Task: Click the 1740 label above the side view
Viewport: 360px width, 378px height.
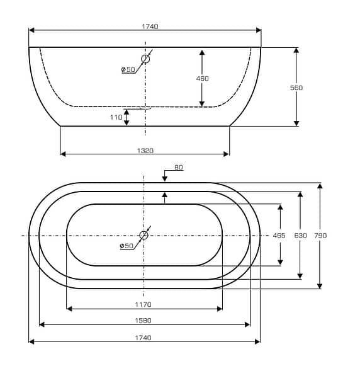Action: click(x=150, y=26)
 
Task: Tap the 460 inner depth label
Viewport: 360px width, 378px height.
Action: click(x=202, y=78)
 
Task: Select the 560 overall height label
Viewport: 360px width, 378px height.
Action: click(x=296, y=88)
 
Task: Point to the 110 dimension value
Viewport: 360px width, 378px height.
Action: click(x=116, y=117)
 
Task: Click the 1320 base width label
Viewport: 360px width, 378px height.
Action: click(x=145, y=151)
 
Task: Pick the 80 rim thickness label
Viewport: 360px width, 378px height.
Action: click(x=179, y=167)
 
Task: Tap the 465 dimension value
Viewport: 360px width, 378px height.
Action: click(x=279, y=235)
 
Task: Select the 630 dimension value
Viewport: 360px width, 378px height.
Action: click(x=300, y=235)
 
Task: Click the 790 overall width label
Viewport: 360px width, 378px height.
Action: click(x=320, y=235)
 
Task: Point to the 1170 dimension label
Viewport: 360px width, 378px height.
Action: click(x=143, y=305)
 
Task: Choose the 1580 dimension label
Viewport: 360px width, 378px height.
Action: click(x=143, y=321)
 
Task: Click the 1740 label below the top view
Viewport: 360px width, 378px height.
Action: click(x=143, y=338)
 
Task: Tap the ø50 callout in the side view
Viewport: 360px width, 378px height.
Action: click(x=128, y=69)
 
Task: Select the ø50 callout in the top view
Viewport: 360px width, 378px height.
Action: click(x=127, y=246)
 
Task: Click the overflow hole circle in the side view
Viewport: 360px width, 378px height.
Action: click(x=145, y=59)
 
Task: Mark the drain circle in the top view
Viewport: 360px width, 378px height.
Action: click(x=143, y=235)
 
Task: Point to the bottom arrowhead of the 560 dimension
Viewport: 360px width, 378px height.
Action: click(x=296, y=123)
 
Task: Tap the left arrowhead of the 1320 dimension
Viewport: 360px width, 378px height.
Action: click(x=63, y=154)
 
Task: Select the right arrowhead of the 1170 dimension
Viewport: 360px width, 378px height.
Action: click(x=220, y=309)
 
